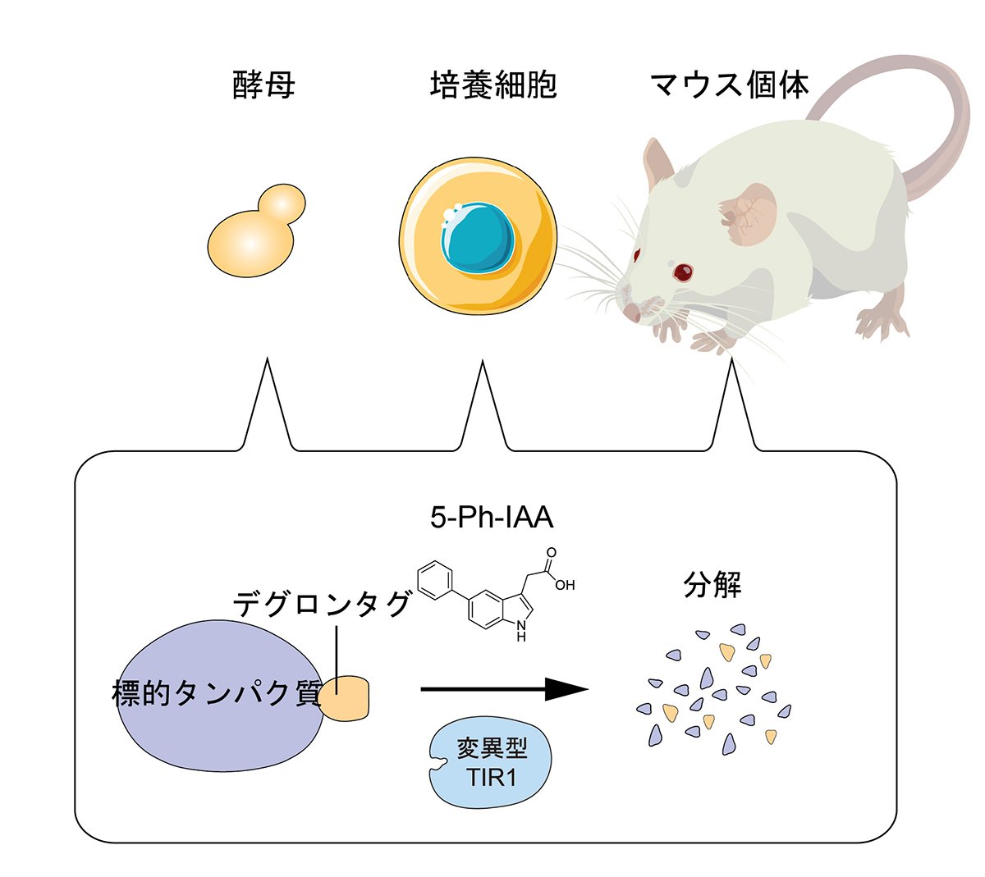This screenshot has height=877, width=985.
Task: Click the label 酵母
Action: pyautogui.click(x=263, y=85)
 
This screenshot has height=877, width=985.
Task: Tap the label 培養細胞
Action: pyautogui.click(x=492, y=85)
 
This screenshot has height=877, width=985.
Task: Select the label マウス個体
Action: pyautogui.click(x=729, y=85)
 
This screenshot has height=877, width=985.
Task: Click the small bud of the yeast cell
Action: pyautogui.click(x=282, y=203)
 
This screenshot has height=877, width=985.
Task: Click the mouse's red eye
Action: pyautogui.click(x=683, y=271)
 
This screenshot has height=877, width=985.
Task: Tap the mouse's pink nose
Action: pyautogui.click(x=630, y=313)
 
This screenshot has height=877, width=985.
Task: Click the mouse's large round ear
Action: pyautogui.click(x=749, y=215)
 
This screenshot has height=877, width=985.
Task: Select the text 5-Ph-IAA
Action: pyautogui.click(x=492, y=517)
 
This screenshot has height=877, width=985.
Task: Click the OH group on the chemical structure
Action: pyautogui.click(x=565, y=585)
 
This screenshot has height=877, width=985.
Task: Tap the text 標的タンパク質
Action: pyautogui.click(x=217, y=694)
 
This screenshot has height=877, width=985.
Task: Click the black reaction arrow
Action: pyautogui.click(x=504, y=689)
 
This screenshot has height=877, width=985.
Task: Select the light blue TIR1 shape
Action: pyautogui.click(x=491, y=762)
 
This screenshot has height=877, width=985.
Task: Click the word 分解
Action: pyautogui.click(x=712, y=586)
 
